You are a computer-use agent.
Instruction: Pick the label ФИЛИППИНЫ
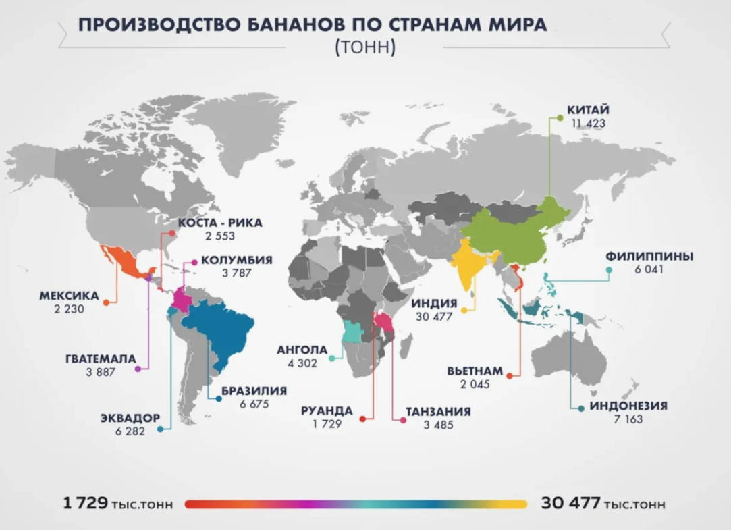click(649, 257)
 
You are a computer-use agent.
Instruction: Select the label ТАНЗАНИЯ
click(438, 411)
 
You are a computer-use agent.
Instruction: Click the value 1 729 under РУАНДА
click(327, 424)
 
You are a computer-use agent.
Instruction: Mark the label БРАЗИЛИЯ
click(253, 391)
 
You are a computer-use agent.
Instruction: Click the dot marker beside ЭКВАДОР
click(159, 428)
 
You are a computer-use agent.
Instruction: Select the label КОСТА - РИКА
click(219, 223)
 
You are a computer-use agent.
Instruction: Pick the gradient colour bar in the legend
click(355, 504)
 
